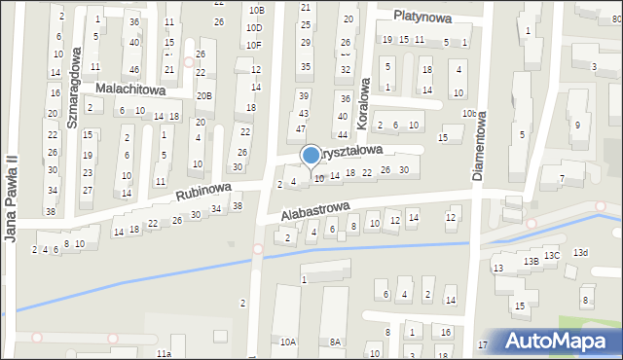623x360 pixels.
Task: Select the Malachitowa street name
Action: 130,89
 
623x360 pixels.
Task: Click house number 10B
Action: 255,10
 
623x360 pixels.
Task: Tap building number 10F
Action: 254,44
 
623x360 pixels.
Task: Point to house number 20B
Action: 202,95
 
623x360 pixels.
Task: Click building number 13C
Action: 552,255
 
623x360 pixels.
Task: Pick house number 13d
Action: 580,253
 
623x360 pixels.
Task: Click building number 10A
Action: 287,342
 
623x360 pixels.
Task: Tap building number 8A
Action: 336,342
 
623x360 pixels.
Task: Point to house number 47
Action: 301,128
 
